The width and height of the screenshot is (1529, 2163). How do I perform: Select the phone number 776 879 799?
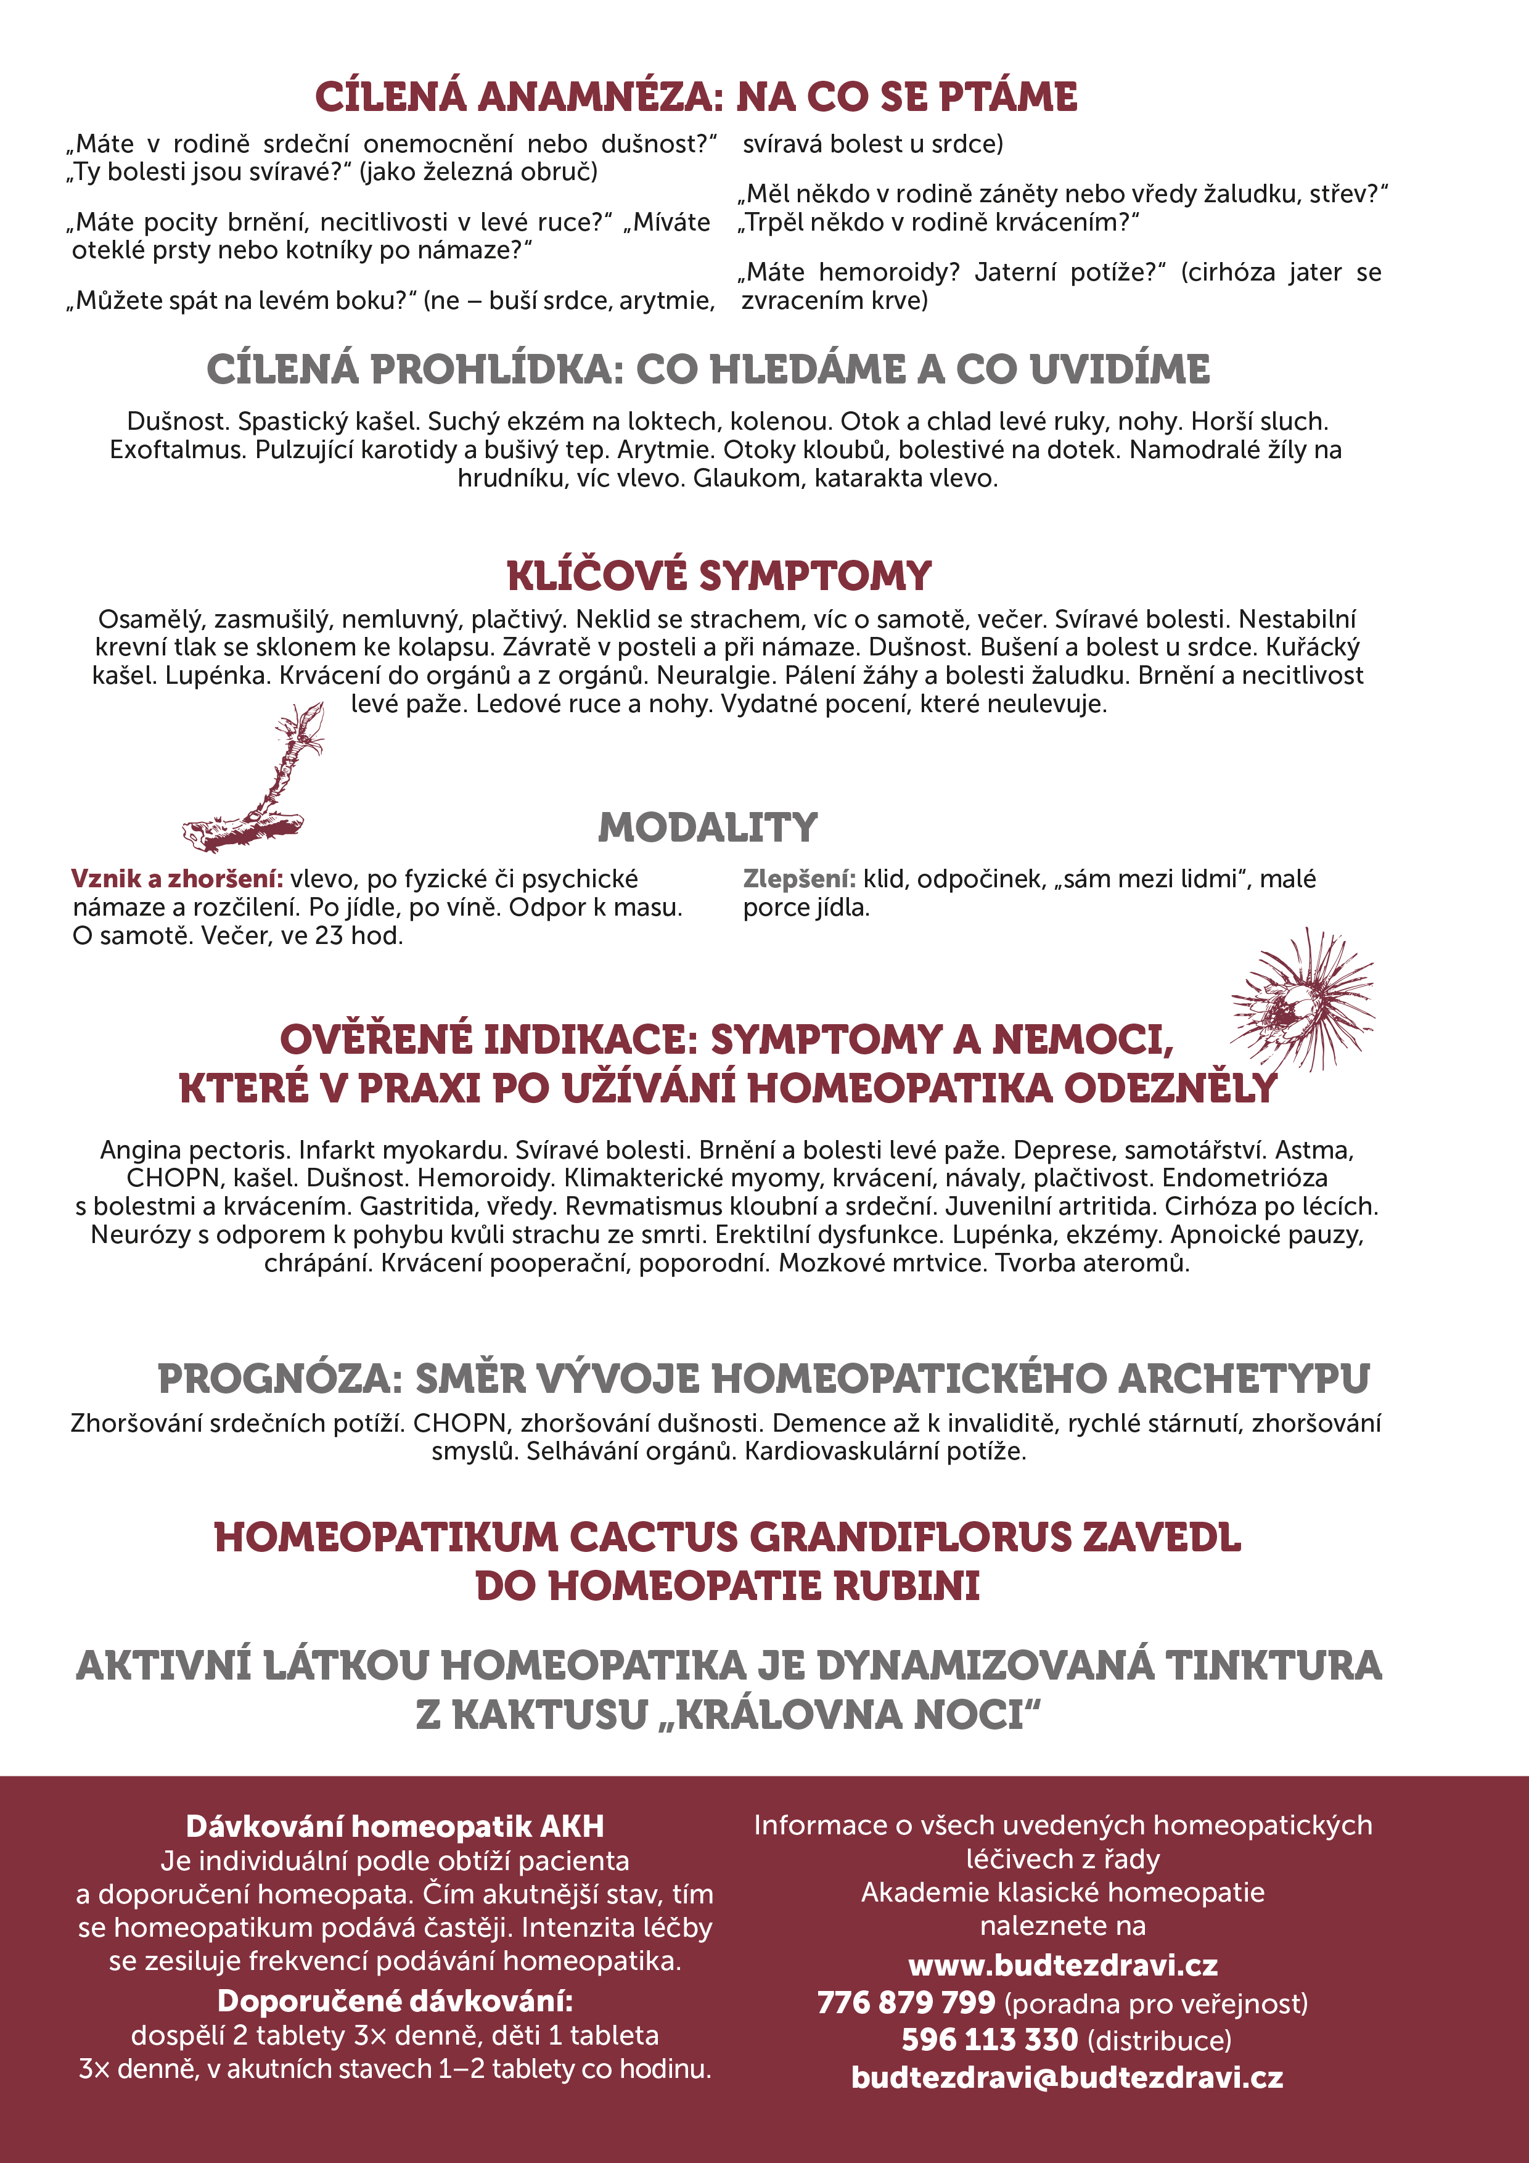click(905, 2002)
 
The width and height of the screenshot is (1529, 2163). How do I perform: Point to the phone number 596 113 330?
click(988, 2040)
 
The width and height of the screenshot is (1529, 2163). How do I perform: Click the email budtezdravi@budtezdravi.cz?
click(1067, 2077)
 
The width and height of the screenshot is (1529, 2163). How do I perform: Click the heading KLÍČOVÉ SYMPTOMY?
click(719, 576)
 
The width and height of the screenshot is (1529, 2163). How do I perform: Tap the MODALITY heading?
click(708, 827)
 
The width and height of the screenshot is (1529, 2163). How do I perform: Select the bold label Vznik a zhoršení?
click(177, 879)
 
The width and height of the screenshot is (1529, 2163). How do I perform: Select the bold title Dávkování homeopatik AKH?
click(395, 1827)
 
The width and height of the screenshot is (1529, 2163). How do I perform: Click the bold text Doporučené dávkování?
click(395, 2000)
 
